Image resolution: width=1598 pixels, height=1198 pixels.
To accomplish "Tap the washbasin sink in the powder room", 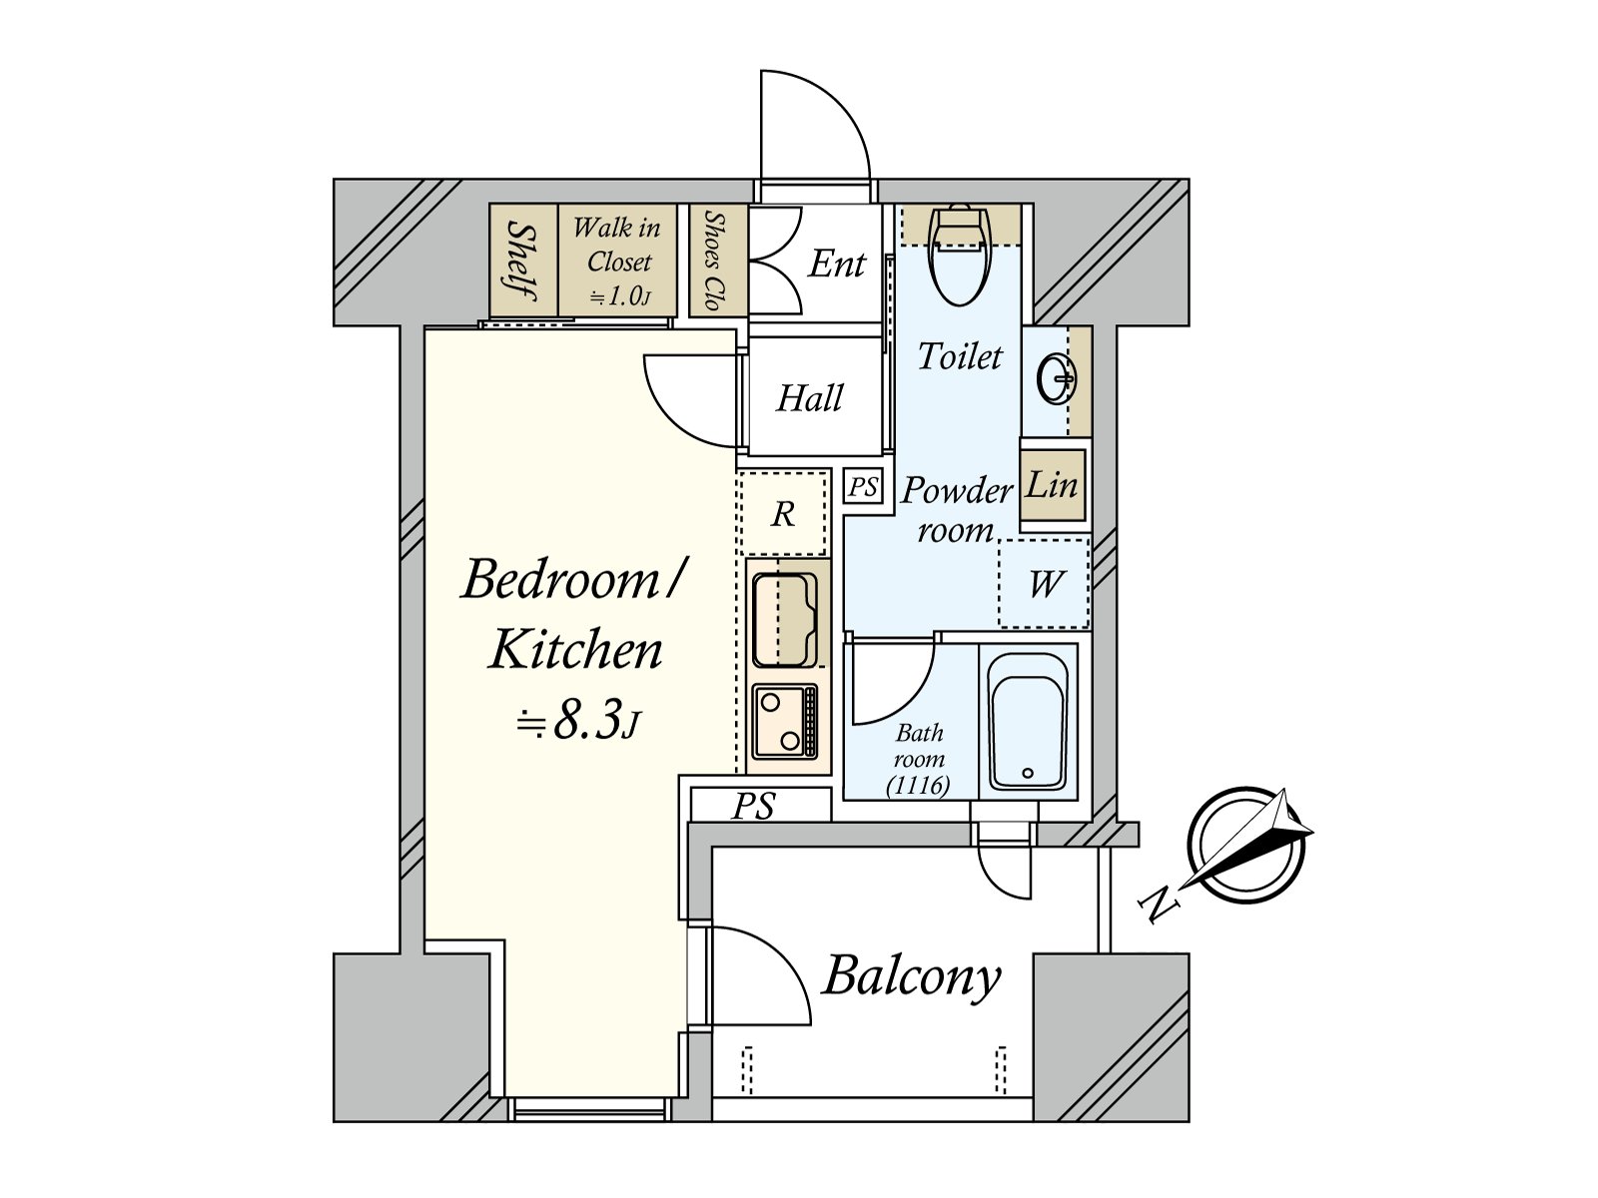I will tap(1056, 379).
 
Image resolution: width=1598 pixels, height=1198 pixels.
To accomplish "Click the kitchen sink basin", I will tap(784, 619).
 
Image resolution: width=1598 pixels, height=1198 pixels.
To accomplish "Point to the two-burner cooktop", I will tap(784, 721).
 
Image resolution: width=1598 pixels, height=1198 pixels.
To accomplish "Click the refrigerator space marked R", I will tap(783, 514).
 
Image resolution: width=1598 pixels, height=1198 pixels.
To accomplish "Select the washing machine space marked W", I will tap(1045, 584).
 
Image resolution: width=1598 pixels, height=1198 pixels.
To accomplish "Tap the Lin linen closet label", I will tap(1052, 486).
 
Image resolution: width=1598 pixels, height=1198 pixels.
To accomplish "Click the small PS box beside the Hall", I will tap(863, 487).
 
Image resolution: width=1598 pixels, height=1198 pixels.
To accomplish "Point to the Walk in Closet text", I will tap(617, 246).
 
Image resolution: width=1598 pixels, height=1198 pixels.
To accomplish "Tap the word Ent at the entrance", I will tap(836, 264).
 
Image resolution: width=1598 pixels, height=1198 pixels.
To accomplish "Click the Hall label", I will tap(810, 398).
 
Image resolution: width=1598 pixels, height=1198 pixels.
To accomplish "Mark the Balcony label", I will tap(911, 976).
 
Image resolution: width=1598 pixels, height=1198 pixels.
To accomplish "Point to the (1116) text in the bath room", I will tap(918, 786).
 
